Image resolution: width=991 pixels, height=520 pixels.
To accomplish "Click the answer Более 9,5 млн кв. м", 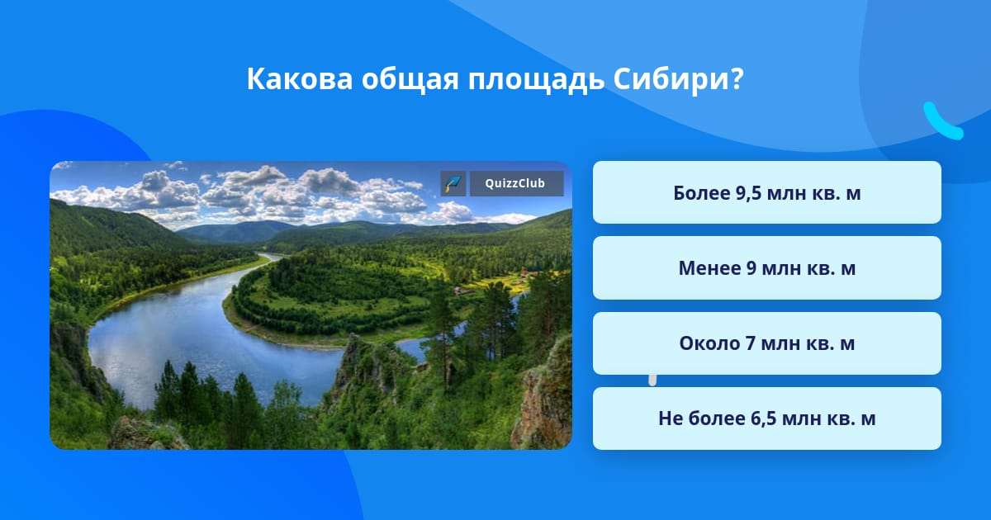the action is pos(766,192).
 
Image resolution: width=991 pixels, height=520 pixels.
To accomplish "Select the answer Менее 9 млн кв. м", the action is pos(766,268).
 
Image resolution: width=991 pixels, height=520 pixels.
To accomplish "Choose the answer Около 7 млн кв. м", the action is pos(766,343).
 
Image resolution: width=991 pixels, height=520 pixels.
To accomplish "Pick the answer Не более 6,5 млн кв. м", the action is pos(766,418).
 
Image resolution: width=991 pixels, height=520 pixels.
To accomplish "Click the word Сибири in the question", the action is pos(670,78).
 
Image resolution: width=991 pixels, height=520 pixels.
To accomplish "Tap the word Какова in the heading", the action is pos(300,79).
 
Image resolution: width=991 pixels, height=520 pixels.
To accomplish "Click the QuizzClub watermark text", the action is pos(515,183).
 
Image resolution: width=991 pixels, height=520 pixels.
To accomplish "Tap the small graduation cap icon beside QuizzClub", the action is pos(453,183).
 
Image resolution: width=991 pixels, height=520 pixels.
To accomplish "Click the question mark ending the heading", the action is pos(737,78).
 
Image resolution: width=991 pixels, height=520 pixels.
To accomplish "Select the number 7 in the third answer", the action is pos(751,343).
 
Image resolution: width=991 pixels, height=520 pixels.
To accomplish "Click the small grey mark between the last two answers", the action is pos(652,381).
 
